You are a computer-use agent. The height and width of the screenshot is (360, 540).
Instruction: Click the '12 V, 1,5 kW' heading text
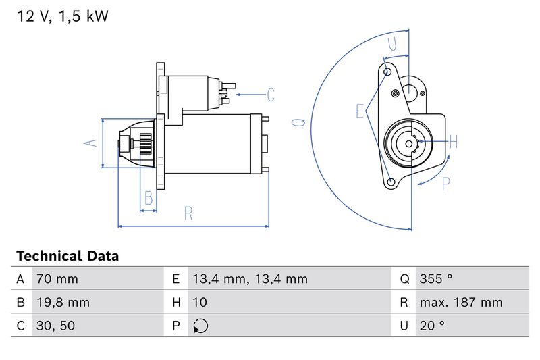[x=62, y=16]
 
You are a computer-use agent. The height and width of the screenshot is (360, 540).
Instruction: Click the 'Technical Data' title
[x=67, y=256]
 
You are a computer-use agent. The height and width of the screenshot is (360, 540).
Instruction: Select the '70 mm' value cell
[x=57, y=279]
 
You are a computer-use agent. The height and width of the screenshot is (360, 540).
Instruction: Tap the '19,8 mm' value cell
[x=63, y=302]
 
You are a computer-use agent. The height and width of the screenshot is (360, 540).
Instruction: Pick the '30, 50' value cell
[x=55, y=326]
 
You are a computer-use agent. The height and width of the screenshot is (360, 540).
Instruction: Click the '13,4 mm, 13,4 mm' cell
[x=250, y=279]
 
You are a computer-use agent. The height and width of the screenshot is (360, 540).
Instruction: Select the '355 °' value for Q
[x=436, y=278]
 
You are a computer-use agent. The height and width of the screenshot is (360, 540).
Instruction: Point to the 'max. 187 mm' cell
[x=461, y=302]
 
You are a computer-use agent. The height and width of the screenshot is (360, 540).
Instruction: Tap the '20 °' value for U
[x=432, y=325]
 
